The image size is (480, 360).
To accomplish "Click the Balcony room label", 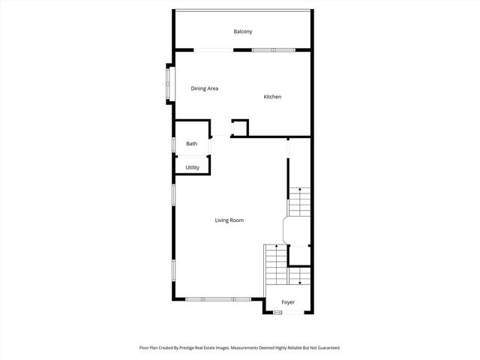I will click(242, 31).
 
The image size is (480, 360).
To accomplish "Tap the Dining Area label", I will click(204, 88).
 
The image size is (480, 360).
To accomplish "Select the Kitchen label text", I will click(272, 97).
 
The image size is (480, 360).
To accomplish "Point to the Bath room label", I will click(192, 144).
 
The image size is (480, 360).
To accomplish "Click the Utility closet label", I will click(193, 167).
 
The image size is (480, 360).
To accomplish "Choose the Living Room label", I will click(229, 220).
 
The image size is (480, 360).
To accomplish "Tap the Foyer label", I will click(288, 302).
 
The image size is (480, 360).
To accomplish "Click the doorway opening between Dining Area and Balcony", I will click(213, 50).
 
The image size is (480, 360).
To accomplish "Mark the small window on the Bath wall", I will click(174, 144).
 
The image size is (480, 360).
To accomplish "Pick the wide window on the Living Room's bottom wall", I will click(217, 299).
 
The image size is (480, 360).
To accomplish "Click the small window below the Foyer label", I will click(277, 313).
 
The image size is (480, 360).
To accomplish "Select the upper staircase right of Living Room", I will click(299, 200).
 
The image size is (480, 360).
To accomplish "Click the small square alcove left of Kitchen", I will click(240, 127).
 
